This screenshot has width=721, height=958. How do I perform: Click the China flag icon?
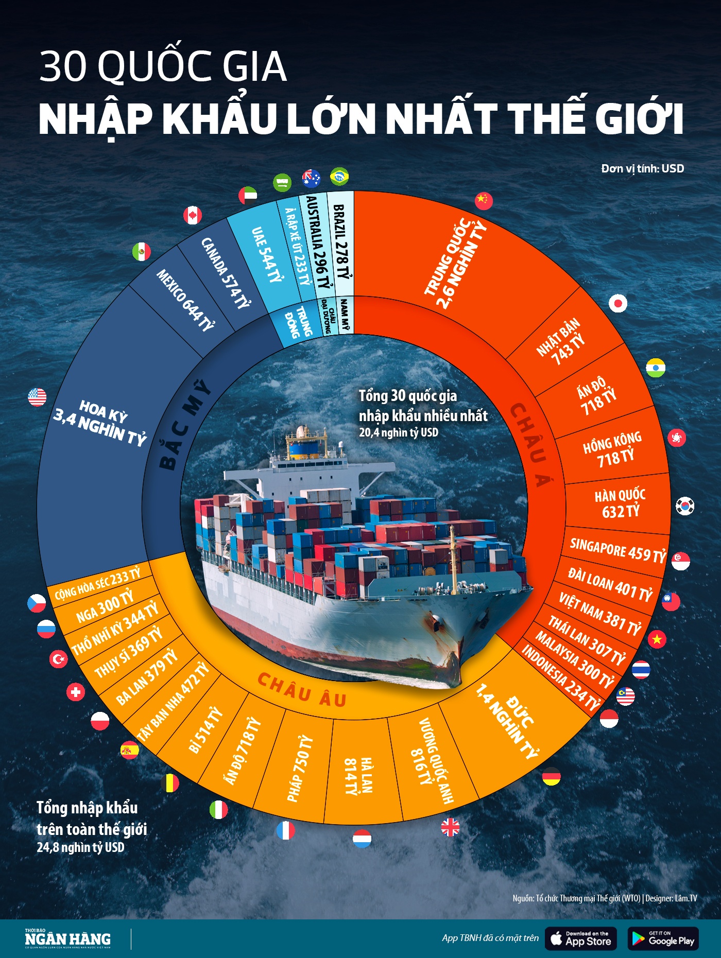pyautogui.click(x=484, y=200)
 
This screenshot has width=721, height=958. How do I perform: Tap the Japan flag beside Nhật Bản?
pyautogui.click(x=617, y=303)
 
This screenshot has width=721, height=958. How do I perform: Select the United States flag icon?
pyautogui.click(x=37, y=397)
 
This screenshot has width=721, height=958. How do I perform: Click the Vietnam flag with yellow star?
pyautogui.click(x=657, y=639)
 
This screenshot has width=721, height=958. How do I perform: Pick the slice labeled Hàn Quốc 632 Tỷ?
pyautogui.click(x=620, y=503)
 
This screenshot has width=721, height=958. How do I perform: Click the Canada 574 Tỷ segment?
pyautogui.click(x=225, y=273)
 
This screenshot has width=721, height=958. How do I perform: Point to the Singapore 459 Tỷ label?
pyautogui.click(x=617, y=550)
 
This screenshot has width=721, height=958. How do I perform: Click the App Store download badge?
pyautogui.click(x=580, y=938)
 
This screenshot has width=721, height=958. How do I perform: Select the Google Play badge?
pyautogui.click(x=663, y=938)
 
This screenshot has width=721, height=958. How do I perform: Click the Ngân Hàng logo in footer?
pyautogui.click(x=68, y=938)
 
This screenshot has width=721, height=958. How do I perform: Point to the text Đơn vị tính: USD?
pyautogui.click(x=642, y=168)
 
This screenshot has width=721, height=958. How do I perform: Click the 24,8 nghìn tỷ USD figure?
pyautogui.click(x=80, y=847)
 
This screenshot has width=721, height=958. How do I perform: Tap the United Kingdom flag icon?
pyautogui.click(x=450, y=827)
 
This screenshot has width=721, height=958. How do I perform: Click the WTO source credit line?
pyautogui.click(x=604, y=898)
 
